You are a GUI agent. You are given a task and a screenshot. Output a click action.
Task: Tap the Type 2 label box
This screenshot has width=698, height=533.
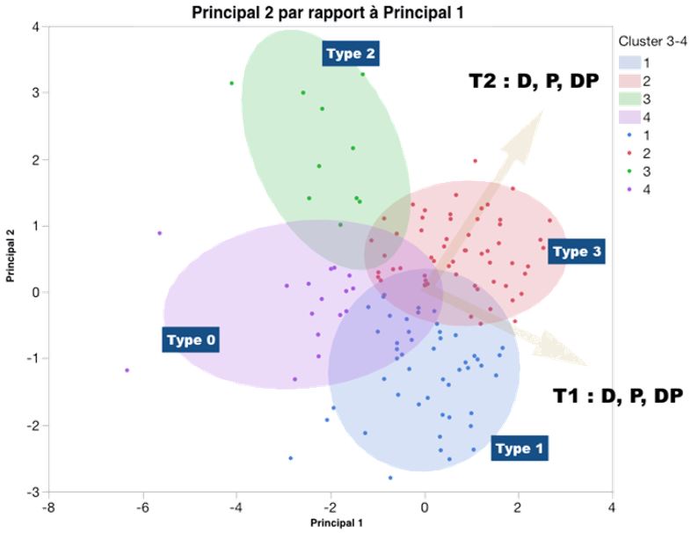(x=351, y=55)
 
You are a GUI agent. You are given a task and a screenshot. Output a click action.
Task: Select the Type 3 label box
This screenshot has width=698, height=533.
(x=577, y=252)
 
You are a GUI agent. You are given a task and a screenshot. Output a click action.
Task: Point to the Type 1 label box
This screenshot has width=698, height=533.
(x=520, y=449)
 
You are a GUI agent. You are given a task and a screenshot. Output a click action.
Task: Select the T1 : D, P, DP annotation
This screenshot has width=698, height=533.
(x=617, y=395)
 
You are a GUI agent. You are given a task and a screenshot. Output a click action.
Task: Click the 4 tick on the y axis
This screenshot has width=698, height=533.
(x=35, y=26)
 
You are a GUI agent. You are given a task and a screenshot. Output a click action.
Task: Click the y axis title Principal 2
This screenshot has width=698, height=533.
(x=11, y=257)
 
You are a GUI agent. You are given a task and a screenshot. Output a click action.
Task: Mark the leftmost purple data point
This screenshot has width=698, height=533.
(x=127, y=370)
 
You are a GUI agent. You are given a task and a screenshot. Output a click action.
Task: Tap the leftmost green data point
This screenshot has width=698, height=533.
(x=232, y=84)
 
